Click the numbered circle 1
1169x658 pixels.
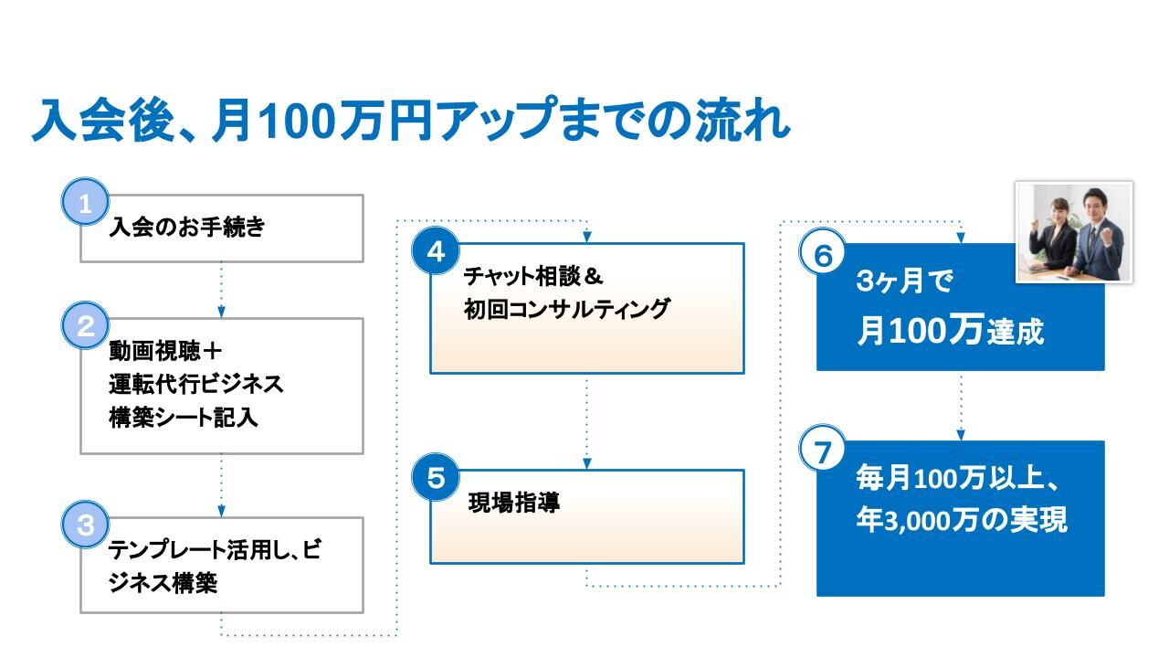(x=85, y=202)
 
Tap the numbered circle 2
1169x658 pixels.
(x=85, y=325)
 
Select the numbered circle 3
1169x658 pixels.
(x=85, y=525)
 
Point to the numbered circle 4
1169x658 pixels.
(x=436, y=250)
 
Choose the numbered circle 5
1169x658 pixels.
(x=436, y=477)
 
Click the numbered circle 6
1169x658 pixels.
(x=823, y=253)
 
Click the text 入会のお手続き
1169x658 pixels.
(x=187, y=228)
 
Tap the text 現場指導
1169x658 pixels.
(x=514, y=503)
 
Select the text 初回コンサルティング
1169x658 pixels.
(x=567, y=309)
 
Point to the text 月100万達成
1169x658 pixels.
(x=951, y=330)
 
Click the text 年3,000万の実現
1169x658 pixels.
(x=962, y=520)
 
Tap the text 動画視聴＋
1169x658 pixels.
(x=165, y=351)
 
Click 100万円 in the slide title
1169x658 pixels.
(x=345, y=121)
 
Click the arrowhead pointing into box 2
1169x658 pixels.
(x=221, y=313)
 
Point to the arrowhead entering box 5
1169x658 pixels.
(x=587, y=463)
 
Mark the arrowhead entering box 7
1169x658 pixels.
(x=961, y=435)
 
